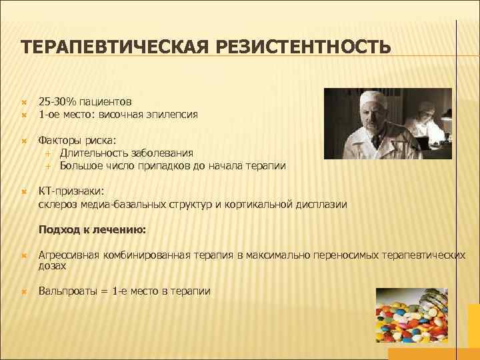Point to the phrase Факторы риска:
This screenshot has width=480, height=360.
(x=77, y=141)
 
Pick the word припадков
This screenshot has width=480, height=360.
(x=161, y=166)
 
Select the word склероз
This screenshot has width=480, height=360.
(x=59, y=205)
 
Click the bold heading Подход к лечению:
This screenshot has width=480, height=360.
(x=93, y=230)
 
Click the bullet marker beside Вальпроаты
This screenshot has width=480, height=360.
(x=23, y=291)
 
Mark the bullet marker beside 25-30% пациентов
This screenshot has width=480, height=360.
(x=23, y=103)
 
